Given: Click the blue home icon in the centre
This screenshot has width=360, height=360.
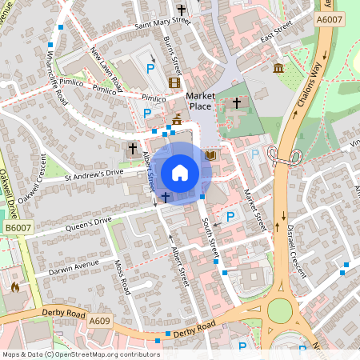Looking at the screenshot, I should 180,172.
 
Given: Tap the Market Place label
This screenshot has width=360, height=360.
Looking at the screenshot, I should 201,101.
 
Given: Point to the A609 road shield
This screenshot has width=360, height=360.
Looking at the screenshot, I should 99,321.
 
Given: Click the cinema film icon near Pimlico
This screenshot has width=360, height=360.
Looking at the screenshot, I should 174,82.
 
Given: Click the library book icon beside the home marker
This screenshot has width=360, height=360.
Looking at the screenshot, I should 210,154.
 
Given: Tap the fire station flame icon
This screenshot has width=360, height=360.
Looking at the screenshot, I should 14,286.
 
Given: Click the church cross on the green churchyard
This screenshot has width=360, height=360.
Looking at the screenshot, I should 237,103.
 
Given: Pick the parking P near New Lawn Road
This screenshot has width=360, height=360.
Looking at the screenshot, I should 150,69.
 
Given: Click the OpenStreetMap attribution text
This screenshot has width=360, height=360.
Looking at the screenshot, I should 81,354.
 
